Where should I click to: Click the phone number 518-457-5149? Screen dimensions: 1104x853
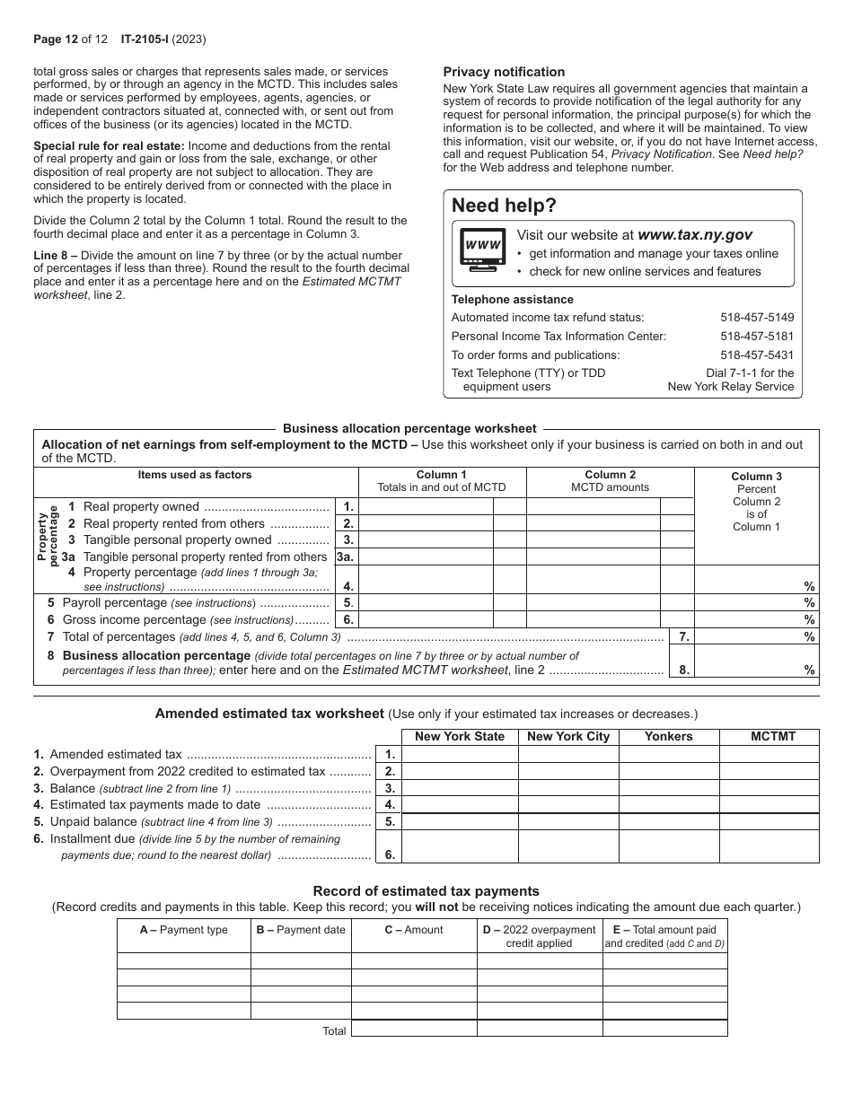point(757,318)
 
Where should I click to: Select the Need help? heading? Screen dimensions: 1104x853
point(504,206)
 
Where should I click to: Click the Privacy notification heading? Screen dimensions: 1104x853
point(504,72)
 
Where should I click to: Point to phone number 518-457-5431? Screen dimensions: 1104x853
point(757,355)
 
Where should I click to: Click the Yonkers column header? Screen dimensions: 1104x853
point(669,737)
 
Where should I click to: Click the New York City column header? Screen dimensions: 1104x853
point(568,737)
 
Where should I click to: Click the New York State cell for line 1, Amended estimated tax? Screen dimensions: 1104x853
point(460,754)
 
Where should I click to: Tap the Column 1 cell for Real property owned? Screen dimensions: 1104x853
point(426,507)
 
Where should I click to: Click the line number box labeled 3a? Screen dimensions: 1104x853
point(346,556)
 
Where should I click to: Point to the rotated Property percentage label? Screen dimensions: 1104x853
point(48,535)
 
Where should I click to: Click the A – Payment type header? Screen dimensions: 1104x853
point(183,930)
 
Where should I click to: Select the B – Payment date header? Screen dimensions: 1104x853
point(300,930)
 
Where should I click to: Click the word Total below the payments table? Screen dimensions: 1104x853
point(334,1031)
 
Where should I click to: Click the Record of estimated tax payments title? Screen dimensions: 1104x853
point(426,891)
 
